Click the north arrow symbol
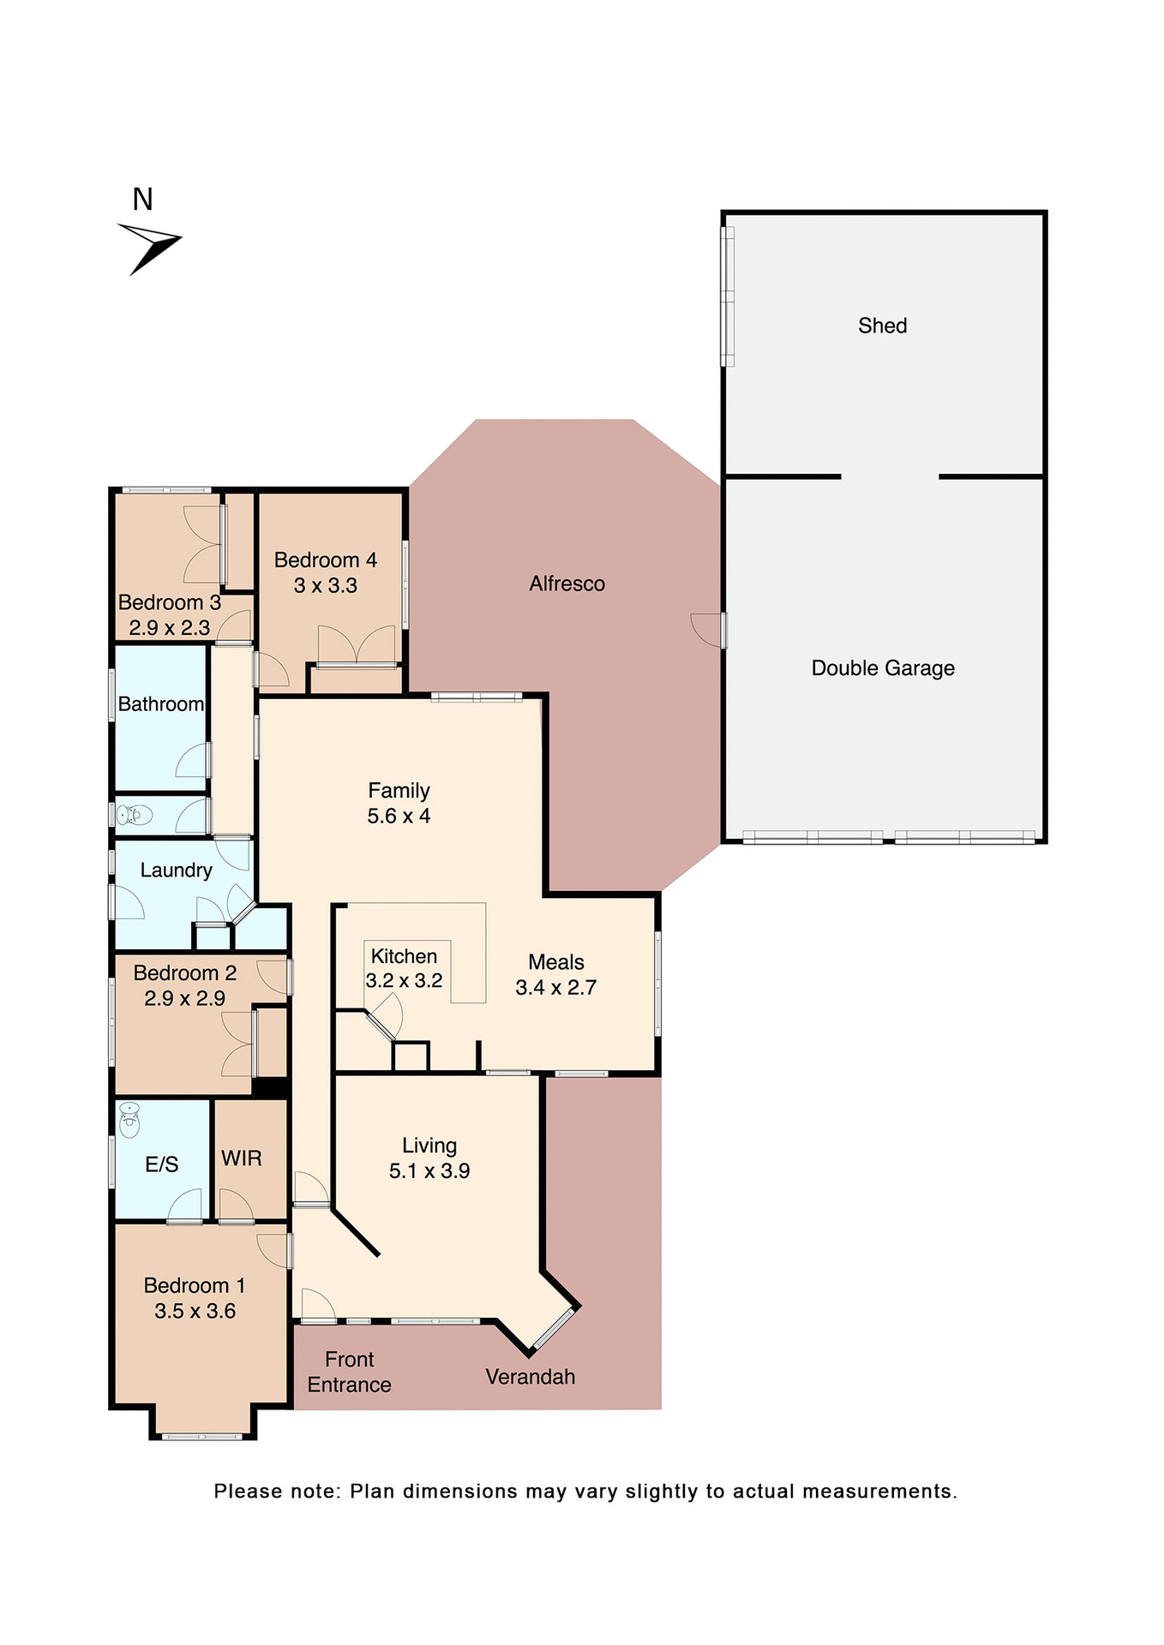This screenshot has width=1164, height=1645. coord(150,247)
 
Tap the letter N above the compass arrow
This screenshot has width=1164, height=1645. coord(142,200)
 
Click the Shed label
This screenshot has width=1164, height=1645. coord(882,326)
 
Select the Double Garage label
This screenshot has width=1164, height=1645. coord(882,668)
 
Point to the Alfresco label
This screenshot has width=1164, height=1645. coord(567,583)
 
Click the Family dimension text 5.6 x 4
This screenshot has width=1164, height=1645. coord(399,816)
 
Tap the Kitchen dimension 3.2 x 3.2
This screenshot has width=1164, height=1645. coord(404,981)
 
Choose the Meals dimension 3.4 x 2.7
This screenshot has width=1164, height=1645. coord(555,988)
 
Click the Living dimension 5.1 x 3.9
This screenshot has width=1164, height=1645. coord(429,1171)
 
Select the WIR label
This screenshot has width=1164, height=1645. coord(241,1158)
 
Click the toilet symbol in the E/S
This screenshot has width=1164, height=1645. coord(129,1119)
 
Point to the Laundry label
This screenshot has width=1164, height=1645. coord(176,870)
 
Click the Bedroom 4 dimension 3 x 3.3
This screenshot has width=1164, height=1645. coord(325,586)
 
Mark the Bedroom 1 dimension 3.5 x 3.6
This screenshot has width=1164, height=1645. coord(195,1311)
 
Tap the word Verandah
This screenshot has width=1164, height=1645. coord(530,1377)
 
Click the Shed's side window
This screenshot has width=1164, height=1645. coord(728,296)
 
